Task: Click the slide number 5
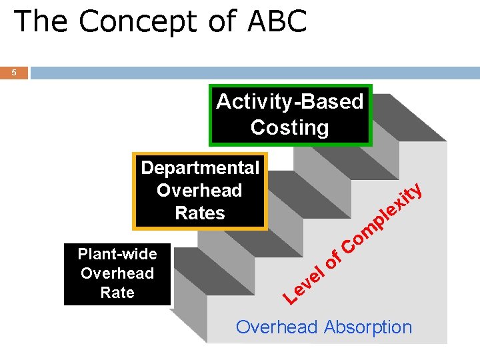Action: [x=14, y=73]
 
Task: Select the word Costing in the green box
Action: [x=289, y=127]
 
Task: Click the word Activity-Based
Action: [x=289, y=102]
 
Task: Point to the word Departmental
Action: [x=200, y=167]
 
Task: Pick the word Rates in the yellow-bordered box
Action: [x=200, y=213]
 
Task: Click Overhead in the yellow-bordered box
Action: [x=199, y=191]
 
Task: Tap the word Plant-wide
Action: [x=117, y=254]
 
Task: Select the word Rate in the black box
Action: [x=117, y=293]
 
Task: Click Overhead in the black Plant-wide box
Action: [x=117, y=273]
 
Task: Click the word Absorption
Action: [x=368, y=327]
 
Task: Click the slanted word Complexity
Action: [x=383, y=217]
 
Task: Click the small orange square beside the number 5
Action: [x=14, y=73]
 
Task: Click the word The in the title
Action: [x=41, y=21]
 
